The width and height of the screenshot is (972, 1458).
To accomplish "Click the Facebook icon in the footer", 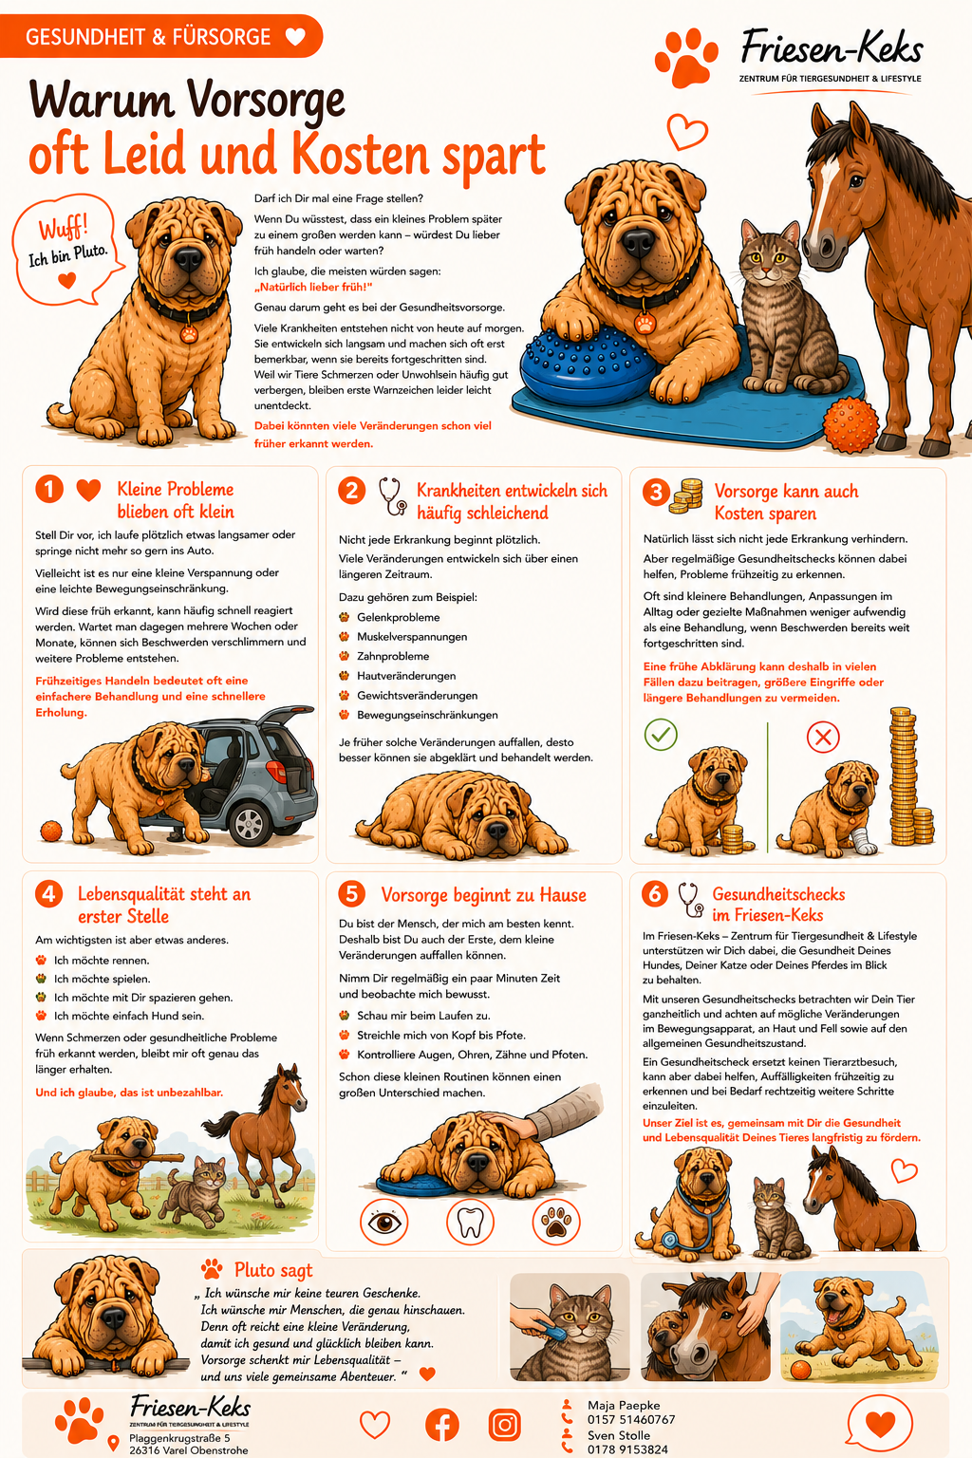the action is coord(442,1424).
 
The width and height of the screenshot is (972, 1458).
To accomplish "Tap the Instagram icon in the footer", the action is coord(505,1424).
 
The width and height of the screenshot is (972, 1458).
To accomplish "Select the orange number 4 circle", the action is coord(48,894).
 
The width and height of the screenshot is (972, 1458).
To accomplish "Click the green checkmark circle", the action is coord(661,734).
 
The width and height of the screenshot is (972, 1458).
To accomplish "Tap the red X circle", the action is coord(823,737).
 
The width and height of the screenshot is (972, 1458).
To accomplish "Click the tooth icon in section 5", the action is coord(470,1223).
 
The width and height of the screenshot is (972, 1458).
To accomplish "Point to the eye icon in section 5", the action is coord(384,1223).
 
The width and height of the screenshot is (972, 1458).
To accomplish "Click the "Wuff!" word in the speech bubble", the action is coord(64,229).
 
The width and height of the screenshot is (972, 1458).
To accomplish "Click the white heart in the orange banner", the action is coord(295,36).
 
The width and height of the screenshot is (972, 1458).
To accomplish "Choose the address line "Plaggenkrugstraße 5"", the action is coord(179,1438).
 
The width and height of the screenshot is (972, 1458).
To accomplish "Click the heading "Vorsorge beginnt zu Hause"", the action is coord(483,895).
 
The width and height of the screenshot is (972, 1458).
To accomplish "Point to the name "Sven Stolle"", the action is coord(614,1435).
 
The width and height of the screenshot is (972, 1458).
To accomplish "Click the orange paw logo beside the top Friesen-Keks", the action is coord(686,57).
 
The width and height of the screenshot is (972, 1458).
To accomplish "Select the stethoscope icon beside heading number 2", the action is coord(393,496).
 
